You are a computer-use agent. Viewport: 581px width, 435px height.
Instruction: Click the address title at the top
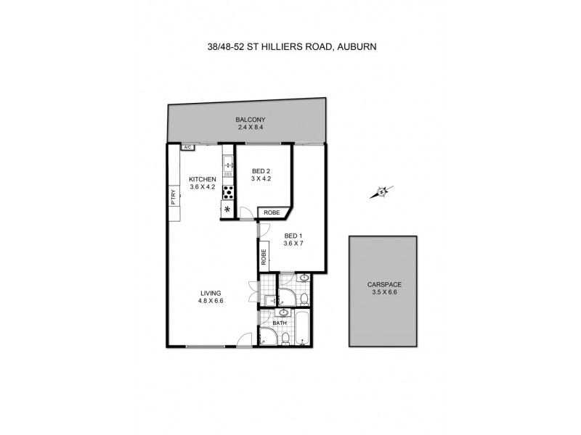(290, 46)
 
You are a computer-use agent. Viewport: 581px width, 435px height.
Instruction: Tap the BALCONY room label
(250, 120)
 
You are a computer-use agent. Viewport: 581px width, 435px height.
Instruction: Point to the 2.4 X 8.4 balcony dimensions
(250, 128)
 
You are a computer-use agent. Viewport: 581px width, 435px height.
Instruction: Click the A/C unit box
(187, 147)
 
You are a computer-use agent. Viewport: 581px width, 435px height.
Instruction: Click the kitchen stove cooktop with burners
(227, 192)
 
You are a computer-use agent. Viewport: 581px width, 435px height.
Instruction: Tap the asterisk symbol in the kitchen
(227, 210)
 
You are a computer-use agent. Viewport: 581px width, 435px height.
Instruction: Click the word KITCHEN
(203, 179)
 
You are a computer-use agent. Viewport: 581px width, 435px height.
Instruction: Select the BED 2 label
(261, 171)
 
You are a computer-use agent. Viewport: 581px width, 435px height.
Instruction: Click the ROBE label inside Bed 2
(271, 212)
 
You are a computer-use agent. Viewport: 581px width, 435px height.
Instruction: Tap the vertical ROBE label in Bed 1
(264, 257)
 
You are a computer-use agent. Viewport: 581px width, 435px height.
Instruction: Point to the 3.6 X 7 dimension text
(292, 244)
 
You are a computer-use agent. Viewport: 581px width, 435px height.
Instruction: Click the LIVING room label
(211, 293)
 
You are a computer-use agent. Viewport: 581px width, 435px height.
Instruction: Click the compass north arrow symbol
(380, 192)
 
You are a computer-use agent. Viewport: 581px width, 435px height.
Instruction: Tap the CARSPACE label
(383, 285)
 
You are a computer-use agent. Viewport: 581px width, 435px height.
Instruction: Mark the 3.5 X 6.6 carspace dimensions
(383, 293)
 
